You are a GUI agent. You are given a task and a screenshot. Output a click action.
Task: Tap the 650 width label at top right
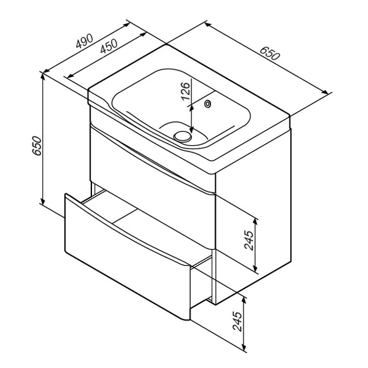(270, 53)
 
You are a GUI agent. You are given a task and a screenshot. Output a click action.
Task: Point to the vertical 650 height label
(37, 145)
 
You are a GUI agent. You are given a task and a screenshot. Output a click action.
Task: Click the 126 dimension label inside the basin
(185, 91)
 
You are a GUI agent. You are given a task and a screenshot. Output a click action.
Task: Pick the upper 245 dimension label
(249, 240)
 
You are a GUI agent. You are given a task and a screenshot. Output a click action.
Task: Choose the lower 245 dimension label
(237, 321)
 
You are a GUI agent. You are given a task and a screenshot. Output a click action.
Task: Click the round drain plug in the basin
(183, 136)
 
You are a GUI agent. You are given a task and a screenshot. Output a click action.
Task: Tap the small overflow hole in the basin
(208, 104)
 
